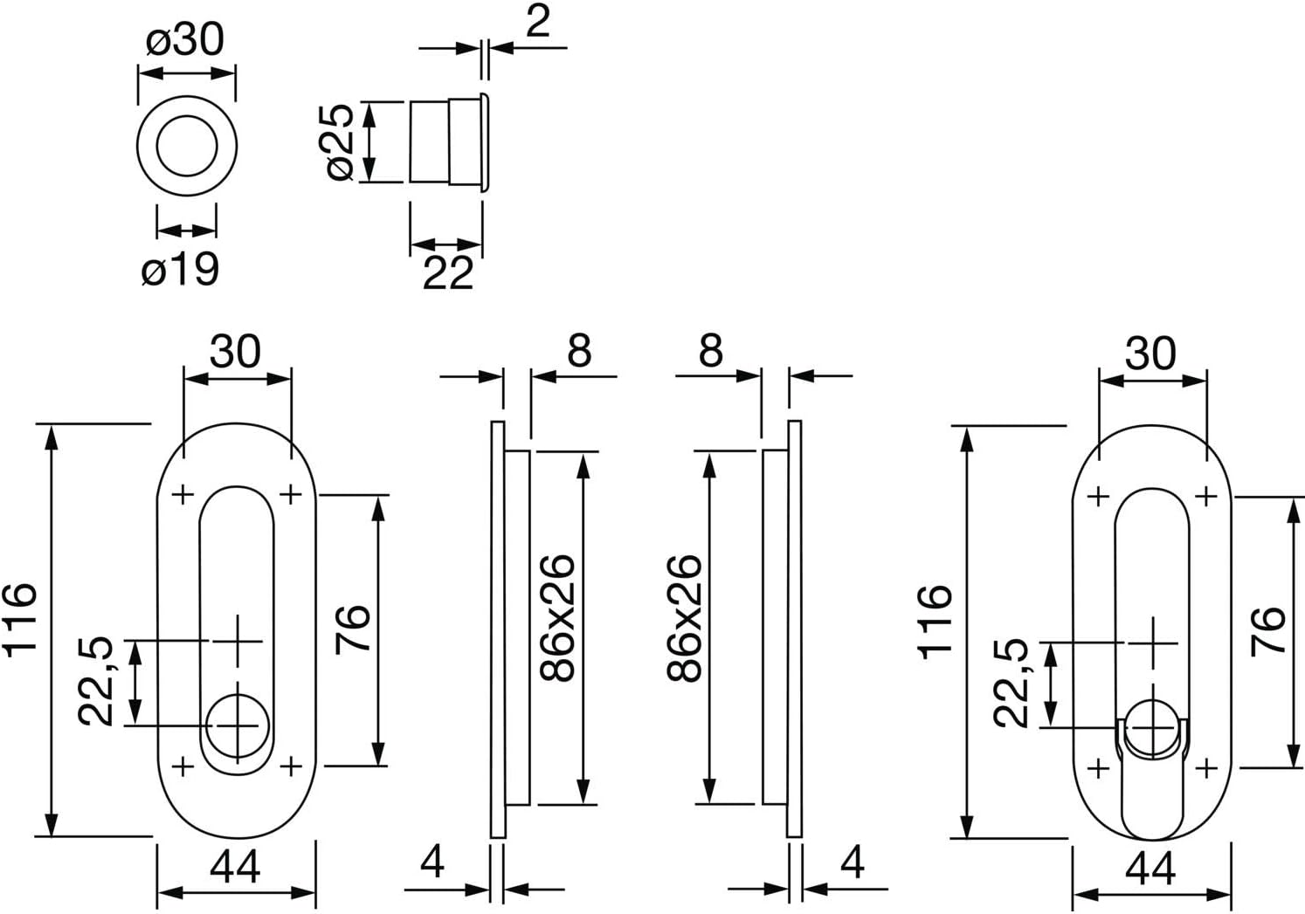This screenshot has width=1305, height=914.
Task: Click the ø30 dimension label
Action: pyautogui.click(x=184, y=40)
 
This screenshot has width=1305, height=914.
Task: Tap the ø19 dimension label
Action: pyautogui.click(x=180, y=269)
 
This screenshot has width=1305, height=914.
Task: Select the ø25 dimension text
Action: pyautogui.click(x=341, y=141)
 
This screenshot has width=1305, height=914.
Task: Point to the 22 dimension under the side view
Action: pyautogui.click(x=447, y=272)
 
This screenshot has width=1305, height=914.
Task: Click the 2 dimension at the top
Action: pyautogui.click(x=537, y=22)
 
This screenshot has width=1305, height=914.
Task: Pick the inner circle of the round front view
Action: pyautogui.click(x=187, y=146)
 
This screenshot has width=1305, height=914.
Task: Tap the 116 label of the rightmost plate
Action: pyautogui.click(x=936, y=622)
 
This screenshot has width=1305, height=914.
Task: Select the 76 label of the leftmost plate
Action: pyautogui.click(x=353, y=629)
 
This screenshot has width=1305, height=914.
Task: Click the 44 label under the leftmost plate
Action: pyautogui.click(x=235, y=868)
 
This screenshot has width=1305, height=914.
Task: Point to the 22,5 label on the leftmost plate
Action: pyautogui.click(x=95, y=682)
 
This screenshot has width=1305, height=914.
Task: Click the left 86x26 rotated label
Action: pyautogui.click(x=557, y=619)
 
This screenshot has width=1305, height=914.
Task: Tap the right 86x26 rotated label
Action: pyautogui.click(x=685, y=619)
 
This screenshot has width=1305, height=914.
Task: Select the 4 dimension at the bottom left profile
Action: pyautogui.click(x=432, y=862)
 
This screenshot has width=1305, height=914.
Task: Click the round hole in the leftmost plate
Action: pyautogui.click(x=238, y=726)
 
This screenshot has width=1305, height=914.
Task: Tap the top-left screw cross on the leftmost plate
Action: pyautogui.click(x=183, y=496)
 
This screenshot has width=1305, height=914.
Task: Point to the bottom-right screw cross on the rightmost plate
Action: pyautogui.click(x=1206, y=769)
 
